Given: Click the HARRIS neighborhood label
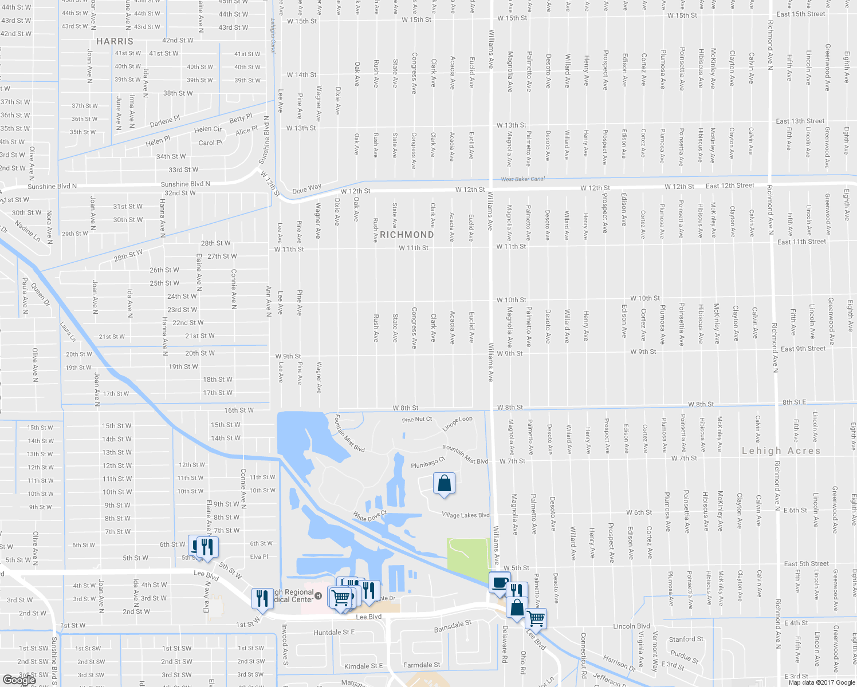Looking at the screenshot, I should point(115,41).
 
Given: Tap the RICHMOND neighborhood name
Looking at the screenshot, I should point(407,235).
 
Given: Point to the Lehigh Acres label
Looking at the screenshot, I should point(781,451).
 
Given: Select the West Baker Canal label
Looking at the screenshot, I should point(523,179).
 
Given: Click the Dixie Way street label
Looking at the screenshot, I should point(306,188).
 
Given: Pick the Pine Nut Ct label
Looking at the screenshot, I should point(417,420).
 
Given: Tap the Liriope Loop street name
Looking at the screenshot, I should point(458,423).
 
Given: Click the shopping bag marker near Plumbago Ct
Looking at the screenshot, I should point(445,484).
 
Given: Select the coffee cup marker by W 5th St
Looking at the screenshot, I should point(500,583).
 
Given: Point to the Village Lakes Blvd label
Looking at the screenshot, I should point(465,515).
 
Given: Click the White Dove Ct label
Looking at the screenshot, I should point(370,516).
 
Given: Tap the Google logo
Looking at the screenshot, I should point(19,680).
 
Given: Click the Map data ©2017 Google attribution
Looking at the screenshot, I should point(821,682).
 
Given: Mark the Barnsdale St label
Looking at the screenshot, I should point(453,626).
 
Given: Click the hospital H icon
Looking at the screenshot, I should point(320,595).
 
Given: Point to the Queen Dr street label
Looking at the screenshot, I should point(40,295).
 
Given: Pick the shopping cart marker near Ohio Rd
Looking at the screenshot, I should point(536,618).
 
